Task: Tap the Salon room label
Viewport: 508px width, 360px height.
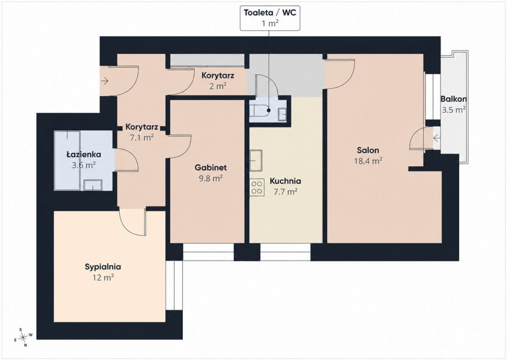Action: pyautogui.click(x=368, y=150)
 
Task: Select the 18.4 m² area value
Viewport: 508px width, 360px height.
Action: pyautogui.click(x=368, y=161)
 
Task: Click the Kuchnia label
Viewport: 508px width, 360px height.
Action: pyautogui.click(x=285, y=181)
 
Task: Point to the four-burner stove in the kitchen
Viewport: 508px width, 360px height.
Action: pyautogui.click(x=257, y=187)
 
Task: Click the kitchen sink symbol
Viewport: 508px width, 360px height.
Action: pyautogui.click(x=256, y=161)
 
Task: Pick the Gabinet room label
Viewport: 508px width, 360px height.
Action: pyautogui.click(x=211, y=168)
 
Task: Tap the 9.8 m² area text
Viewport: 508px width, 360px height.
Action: pyautogui.click(x=211, y=178)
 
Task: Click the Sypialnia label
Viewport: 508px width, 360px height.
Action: pyautogui.click(x=103, y=267)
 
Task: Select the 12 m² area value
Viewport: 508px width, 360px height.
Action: pyautogui.click(x=103, y=277)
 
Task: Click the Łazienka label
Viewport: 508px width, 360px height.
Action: pyautogui.click(x=83, y=155)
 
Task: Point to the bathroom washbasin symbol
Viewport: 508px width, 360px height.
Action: pyautogui.click(x=93, y=186)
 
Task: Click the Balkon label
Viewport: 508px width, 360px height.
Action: pyautogui.click(x=453, y=99)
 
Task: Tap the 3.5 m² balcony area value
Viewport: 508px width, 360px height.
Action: pyautogui.click(x=453, y=110)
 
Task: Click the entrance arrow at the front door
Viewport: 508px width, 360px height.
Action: pyautogui.click(x=105, y=81)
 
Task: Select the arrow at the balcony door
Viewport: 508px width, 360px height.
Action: pyautogui.click(x=437, y=138)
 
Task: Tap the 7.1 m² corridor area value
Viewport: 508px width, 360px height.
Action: pyautogui.click(x=142, y=138)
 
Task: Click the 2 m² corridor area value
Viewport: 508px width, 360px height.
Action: pyautogui.click(x=218, y=86)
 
